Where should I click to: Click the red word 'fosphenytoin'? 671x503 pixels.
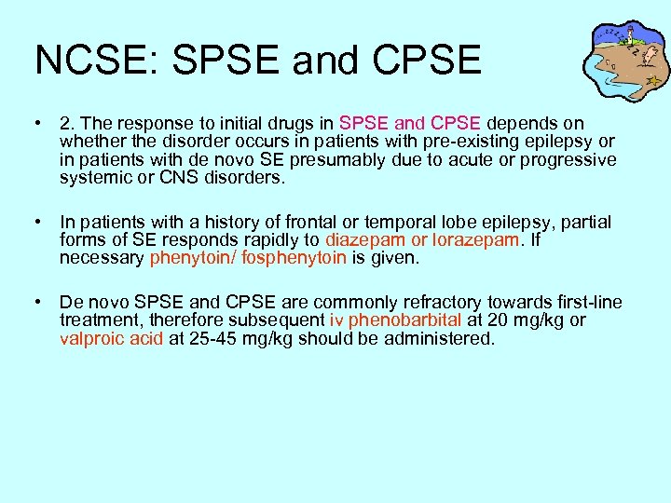294,258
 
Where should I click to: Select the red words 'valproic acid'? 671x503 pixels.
111,338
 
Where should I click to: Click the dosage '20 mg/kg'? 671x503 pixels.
514,320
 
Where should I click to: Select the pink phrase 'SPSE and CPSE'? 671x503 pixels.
409,124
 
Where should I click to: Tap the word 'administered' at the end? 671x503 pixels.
439,338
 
